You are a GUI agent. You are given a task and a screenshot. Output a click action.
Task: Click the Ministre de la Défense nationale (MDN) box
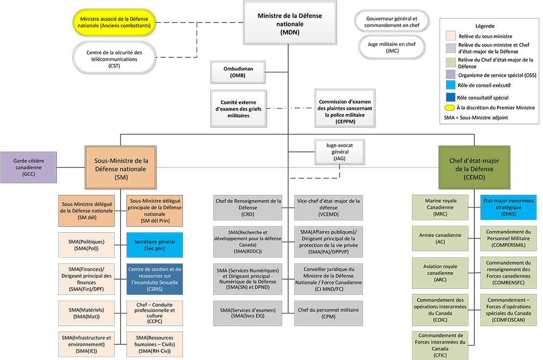pyautogui.click(x=290, y=24)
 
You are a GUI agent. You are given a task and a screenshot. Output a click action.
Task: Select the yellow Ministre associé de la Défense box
pyautogui.click(x=114, y=22)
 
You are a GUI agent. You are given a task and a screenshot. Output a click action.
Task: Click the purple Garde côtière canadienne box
pyautogui.click(x=28, y=167)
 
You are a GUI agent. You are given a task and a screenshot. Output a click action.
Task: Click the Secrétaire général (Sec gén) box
pyautogui.click(x=154, y=245)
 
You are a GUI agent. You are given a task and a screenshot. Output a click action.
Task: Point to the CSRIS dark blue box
pyautogui.click(x=154, y=280)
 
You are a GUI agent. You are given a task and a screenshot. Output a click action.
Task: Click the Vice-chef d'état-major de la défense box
pyautogui.click(x=327, y=207)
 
